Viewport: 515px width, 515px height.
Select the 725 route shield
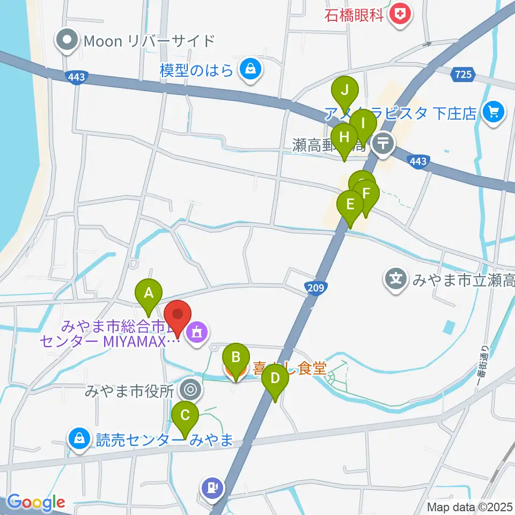(x=462, y=75)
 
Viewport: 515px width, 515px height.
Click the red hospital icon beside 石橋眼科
(x=400, y=13)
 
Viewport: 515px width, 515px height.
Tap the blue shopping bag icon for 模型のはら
(x=249, y=69)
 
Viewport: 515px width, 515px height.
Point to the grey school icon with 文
(x=395, y=279)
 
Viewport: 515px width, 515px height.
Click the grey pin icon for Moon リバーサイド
(x=68, y=41)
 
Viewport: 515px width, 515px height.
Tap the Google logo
(x=36, y=503)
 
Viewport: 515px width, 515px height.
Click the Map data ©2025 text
(x=470, y=506)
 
